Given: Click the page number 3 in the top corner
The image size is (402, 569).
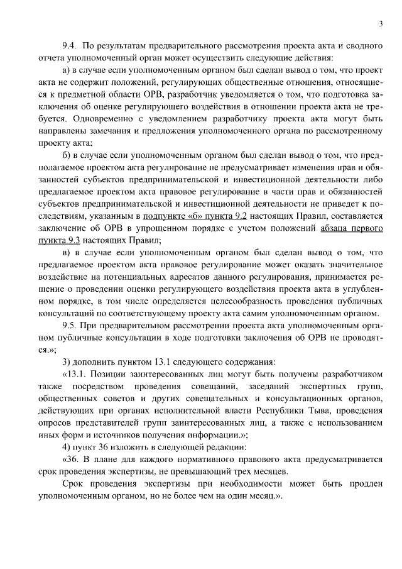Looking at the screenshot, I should tap(381, 24).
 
